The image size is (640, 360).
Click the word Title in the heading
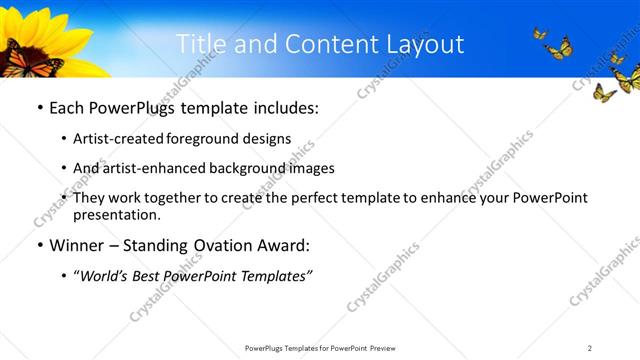201,44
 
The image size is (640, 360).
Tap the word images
311,168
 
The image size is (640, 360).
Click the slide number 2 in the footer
590,348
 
